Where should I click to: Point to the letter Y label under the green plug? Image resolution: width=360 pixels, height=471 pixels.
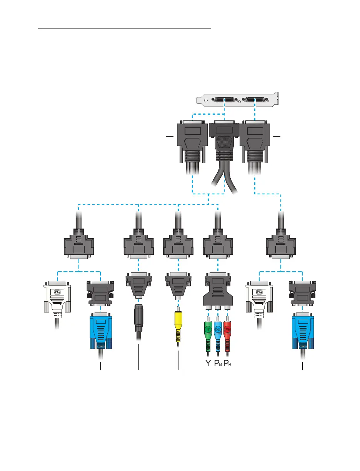tap(208, 363)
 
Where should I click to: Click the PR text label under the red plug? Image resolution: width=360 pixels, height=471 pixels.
tap(228, 363)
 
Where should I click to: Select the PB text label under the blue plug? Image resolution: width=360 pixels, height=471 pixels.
tap(218, 363)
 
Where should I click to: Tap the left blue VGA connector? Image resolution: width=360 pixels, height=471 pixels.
tap(100, 331)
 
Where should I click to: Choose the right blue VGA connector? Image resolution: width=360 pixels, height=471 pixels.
tap(302, 331)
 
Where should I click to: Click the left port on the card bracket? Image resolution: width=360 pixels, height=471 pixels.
tap(224, 100)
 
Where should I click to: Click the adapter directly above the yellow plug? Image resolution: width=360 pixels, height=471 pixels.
tap(178, 285)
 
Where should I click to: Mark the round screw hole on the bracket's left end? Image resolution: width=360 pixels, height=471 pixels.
tap(205, 101)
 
